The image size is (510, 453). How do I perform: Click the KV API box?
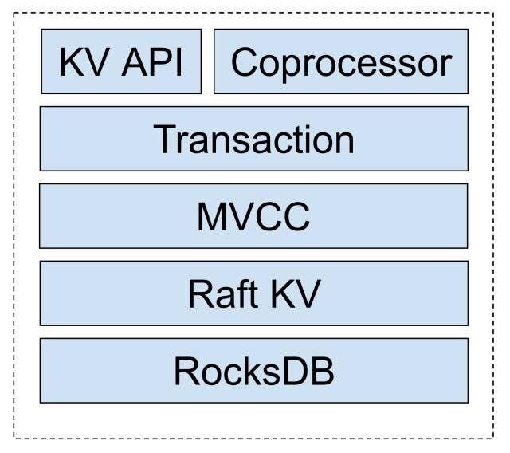[x=121, y=61]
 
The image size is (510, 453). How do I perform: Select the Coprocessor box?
[x=341, y=61]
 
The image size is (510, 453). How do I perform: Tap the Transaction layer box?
[x=253, y=139]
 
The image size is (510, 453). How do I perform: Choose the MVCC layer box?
[x=253, y=216]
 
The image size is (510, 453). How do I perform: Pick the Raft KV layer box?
[x=253, y=293]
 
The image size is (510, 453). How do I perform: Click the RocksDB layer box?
[x=253, y=371]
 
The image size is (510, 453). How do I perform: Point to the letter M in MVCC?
[x=212, y=217]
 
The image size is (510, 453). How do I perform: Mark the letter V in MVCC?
[x=239, y=217]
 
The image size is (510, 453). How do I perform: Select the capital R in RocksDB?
[x=186, y=372]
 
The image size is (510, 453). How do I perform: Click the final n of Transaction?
[x=343, y=141]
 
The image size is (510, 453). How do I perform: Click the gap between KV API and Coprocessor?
[x=207, y=61]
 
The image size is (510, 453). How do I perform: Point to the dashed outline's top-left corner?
[x=14, y=13]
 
